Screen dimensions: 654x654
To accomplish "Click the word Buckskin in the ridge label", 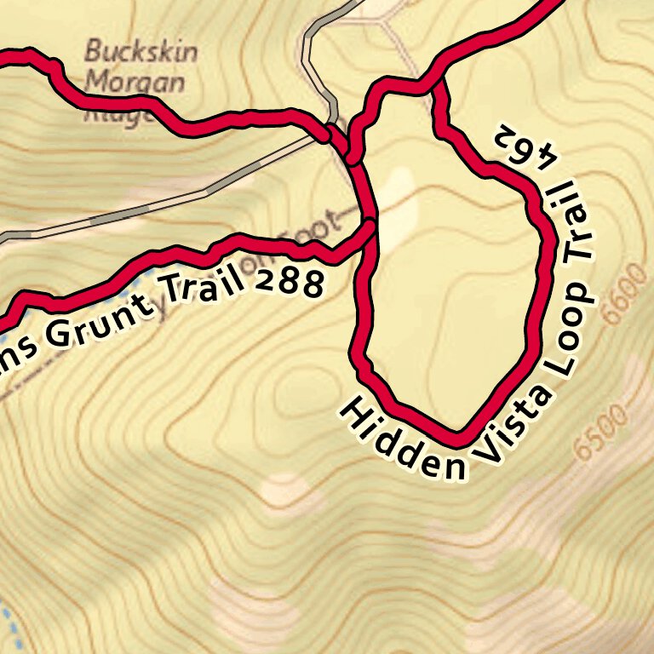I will pos(141,51).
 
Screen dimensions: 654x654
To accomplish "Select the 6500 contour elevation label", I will pos(601,431).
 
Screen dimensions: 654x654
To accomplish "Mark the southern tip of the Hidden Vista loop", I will pos(458,439).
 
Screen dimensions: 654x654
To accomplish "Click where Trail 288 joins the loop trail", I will pos(370,227).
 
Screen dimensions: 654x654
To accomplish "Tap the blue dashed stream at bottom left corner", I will pos(7,626).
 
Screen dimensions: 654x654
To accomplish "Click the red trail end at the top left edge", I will pos(5,56).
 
